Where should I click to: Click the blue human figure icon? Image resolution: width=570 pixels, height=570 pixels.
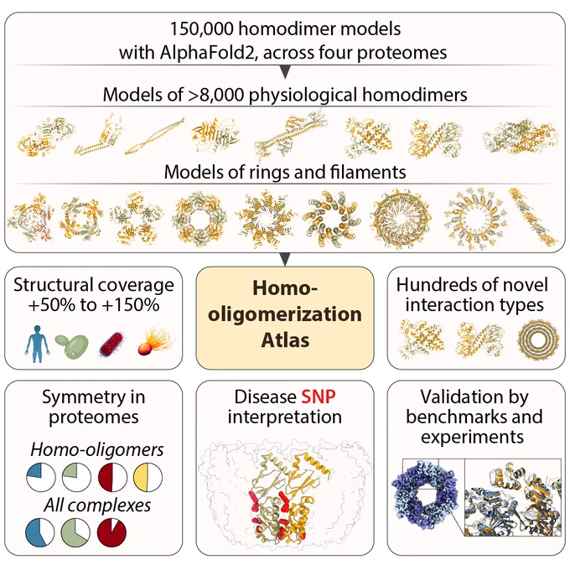(x=37, y=344)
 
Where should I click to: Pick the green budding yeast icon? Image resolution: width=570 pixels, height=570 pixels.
(x=72, y=346)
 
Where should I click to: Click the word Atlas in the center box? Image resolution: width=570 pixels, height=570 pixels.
(x=285, y=340)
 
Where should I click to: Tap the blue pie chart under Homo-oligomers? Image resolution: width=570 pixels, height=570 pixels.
(x=41, y=477)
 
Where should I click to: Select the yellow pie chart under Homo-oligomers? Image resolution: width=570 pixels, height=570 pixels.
(x=148, y=477)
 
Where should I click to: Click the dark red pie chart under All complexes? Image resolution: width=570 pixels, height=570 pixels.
(x=111, y=532)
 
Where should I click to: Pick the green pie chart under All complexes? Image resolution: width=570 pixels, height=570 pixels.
(x=75, y=532)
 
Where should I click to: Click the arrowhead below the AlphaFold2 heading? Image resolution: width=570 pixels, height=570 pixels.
(x=285, y=71)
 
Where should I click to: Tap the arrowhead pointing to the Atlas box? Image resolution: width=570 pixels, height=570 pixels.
(x=285, y=259)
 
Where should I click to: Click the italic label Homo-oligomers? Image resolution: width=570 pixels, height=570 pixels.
(x=97, y=450)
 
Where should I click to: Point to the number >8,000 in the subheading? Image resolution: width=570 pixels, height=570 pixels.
(x=216, y=95)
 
